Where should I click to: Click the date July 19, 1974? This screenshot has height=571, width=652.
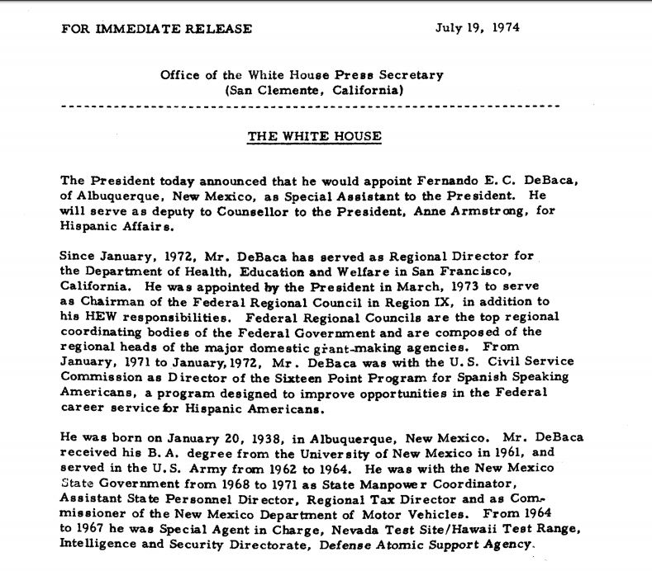pyautogui.click(x=477, y=28)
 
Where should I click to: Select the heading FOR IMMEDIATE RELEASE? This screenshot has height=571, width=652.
pyautogui.click(x=156, y=29)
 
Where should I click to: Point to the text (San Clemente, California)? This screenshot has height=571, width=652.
pyautogui.click(x=314, y=90)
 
